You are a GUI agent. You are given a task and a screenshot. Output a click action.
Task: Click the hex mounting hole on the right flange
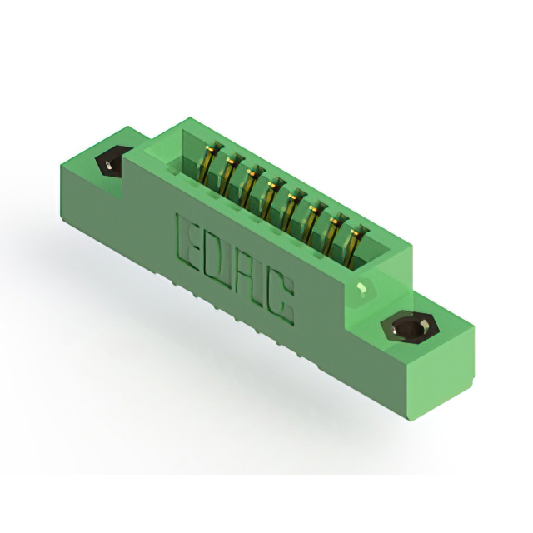410,327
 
